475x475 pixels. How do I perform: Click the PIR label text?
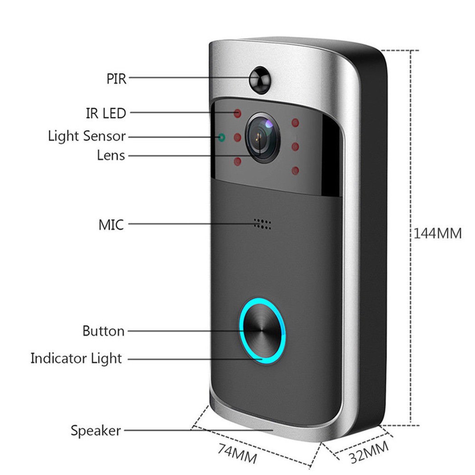click(x=116, y=78)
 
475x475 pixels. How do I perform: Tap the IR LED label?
click(x=106, y=114)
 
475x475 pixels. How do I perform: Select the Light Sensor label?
click(x=86, y=136)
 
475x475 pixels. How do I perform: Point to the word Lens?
click(x=111, y=155)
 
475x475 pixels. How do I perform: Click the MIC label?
click(x=111, y=225)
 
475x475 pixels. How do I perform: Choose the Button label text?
click(x=103, y=331)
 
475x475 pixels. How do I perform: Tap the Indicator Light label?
click(x=76, y=358)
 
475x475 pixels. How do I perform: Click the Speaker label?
click(x=96, y=430)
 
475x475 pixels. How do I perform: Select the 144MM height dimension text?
click(x=437, y=234)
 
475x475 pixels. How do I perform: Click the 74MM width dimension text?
click(x=237, y=454)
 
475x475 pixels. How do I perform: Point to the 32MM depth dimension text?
click(x=369, y=452)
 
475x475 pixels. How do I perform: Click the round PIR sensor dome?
click(x=260, y=79)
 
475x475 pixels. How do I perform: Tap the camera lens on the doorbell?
click(x=262, y=138)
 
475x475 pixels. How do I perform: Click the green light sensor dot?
click(x=222, y=138)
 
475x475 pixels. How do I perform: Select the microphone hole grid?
click(x=262, y=224)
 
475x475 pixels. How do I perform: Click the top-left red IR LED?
click(x=237, y=114)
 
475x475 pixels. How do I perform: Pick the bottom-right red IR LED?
click(x=295, y=171)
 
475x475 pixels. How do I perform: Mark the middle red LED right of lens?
click(x=295, y=147)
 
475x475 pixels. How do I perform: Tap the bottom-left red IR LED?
click(x=237, y=161)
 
